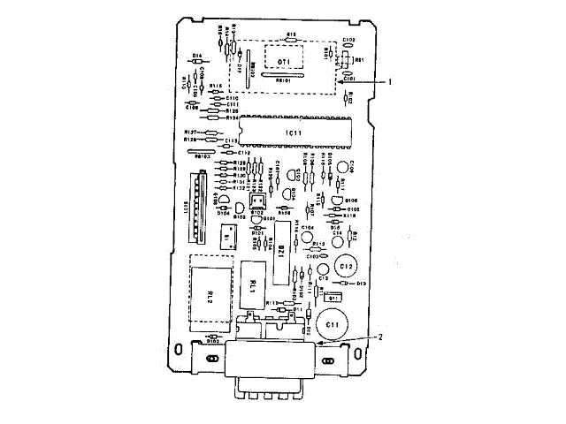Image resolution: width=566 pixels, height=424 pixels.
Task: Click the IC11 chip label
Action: [294, 132]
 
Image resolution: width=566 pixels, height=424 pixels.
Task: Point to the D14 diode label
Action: [195, 55]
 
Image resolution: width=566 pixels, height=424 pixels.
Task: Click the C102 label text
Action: [348, 40]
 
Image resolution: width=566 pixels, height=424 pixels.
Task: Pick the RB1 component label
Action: [359, 59]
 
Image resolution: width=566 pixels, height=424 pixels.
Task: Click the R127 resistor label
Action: [190, 131]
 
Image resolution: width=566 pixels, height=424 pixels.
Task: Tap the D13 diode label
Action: [361, 284]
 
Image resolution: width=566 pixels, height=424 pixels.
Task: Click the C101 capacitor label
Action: [349, 78]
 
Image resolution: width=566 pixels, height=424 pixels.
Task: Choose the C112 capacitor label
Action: [244, 153]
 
